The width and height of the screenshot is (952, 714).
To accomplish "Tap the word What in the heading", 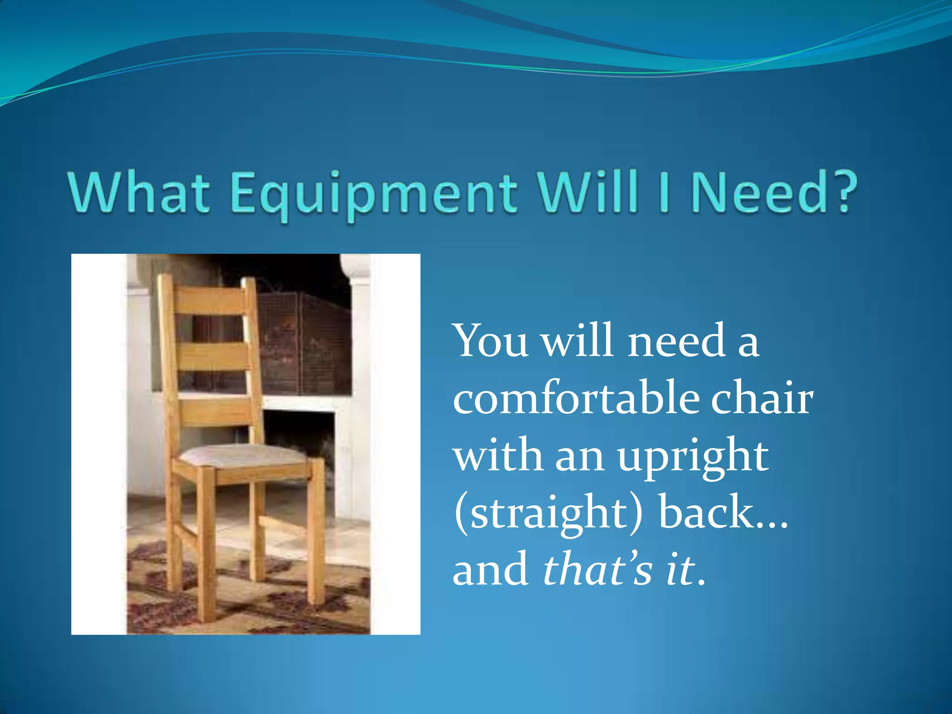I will [x=138, y=192].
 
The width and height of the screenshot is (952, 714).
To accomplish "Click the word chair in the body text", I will [x=762, y=398].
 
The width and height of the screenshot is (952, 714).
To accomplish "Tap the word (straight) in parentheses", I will [x=549, y=514].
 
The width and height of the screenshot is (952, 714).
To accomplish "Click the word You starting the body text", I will [x=490, y=342].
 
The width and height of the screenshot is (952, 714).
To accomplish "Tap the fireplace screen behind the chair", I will [x=302, y=344].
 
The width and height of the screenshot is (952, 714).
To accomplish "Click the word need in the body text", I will [x=676, y=342].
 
